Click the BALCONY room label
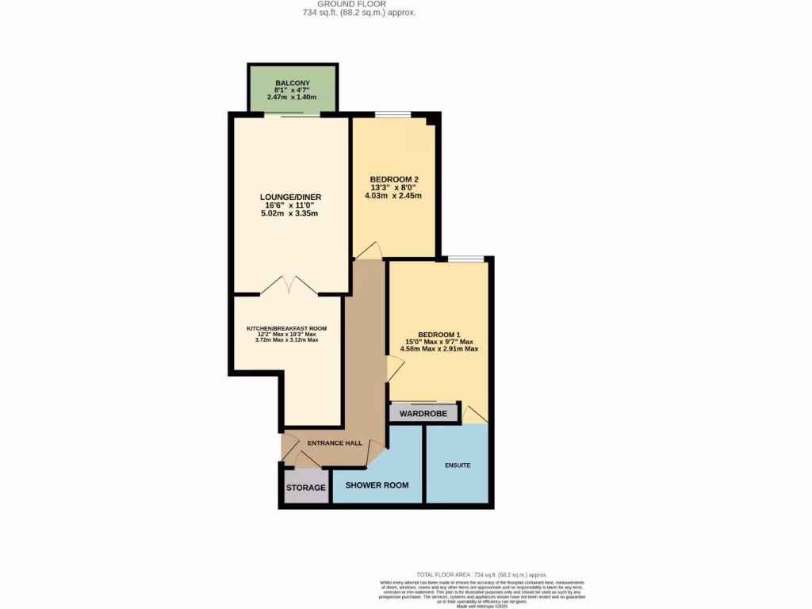click(293, 83)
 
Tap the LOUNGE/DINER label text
click(290, 197)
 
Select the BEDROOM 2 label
click(394, 178)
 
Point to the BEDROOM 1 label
click(438, 334)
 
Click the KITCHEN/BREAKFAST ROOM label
click(286, 328)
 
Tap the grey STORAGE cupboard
click(306, 488)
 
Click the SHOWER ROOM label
click(377, 485)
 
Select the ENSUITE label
click(458, 465)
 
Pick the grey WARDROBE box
click(423, 414)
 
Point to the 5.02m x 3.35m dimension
click(290, 213)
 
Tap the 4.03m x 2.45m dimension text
click(394, 196)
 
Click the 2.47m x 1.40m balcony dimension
click(293, 98)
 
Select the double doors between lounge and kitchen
click(289, 286)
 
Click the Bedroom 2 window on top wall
click(393, 114)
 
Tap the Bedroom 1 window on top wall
click(465, 259)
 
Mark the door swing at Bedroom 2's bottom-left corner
click(369, 251)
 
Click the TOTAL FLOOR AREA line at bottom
click(481, 574)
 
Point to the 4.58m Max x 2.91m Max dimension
click(438, 349)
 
